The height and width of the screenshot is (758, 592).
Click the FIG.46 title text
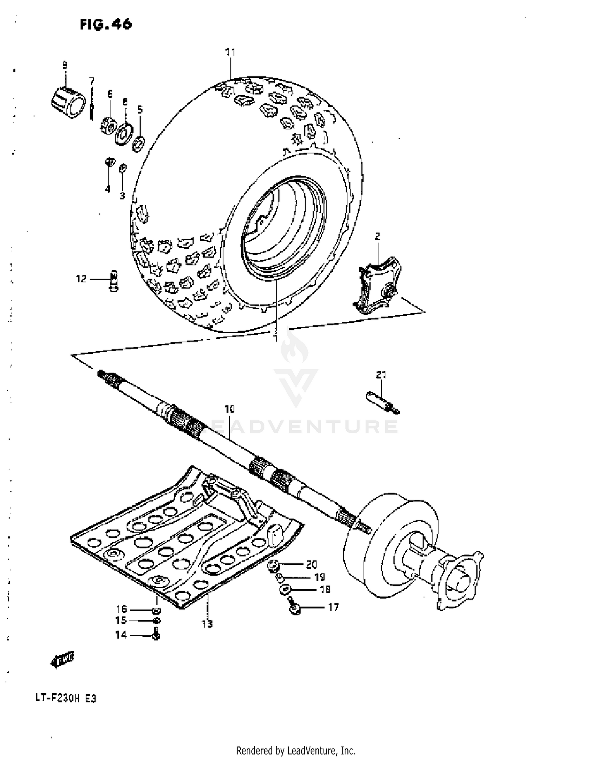pos(106,24)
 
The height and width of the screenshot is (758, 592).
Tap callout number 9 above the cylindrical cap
pos(65,64)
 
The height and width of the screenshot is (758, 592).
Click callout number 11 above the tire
pos(230,52)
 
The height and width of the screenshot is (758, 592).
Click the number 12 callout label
pos(81,279)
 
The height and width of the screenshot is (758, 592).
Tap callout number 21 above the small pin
pos(381,375)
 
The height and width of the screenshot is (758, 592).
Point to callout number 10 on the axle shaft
pos(229,409)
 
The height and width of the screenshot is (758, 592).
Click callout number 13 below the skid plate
pos(207,624)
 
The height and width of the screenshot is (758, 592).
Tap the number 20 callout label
pos(311,564)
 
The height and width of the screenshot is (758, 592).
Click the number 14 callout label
pos(121,635)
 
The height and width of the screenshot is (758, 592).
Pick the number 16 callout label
pos(121,609)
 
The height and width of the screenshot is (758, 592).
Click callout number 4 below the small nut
pos(107,189)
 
